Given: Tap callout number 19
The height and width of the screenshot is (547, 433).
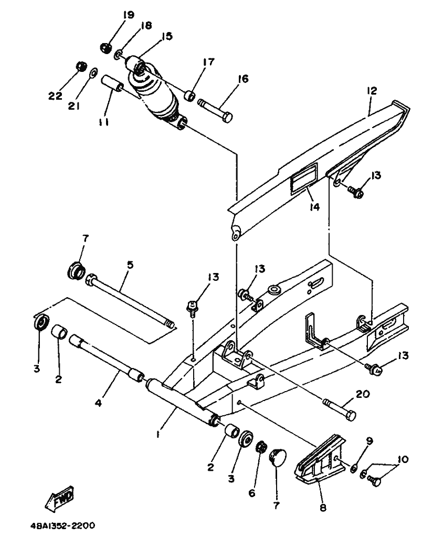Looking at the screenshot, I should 128,15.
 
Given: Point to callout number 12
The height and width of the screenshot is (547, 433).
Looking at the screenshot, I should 372,90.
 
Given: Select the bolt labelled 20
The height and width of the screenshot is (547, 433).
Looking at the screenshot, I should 340,409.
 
